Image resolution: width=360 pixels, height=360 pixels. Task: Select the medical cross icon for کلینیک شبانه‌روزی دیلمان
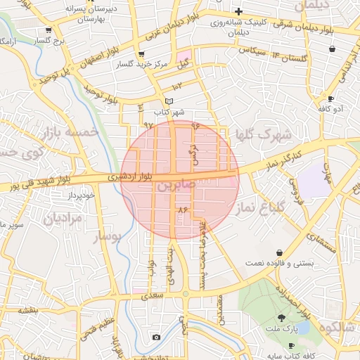pyautogui.click(x=239, y=11)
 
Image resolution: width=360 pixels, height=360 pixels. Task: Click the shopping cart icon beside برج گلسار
pyautogui.click(x=48, y=30)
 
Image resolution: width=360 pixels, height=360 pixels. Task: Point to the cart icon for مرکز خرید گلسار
pyautogui.click(x=141, y=54)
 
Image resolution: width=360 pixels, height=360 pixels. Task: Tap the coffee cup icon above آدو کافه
pyautogui.click(x=330, y=98)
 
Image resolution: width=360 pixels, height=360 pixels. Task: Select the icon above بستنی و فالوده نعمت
pyautogui.click(x=279, y=252)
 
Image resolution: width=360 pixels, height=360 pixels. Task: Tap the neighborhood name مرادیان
pyautogui.click(x=63, y=219)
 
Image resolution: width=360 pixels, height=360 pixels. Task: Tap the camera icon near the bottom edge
pyautogui.click(x=155, y=337)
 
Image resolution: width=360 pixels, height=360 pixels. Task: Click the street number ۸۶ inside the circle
pyautogui.click(x=184, y=210)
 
